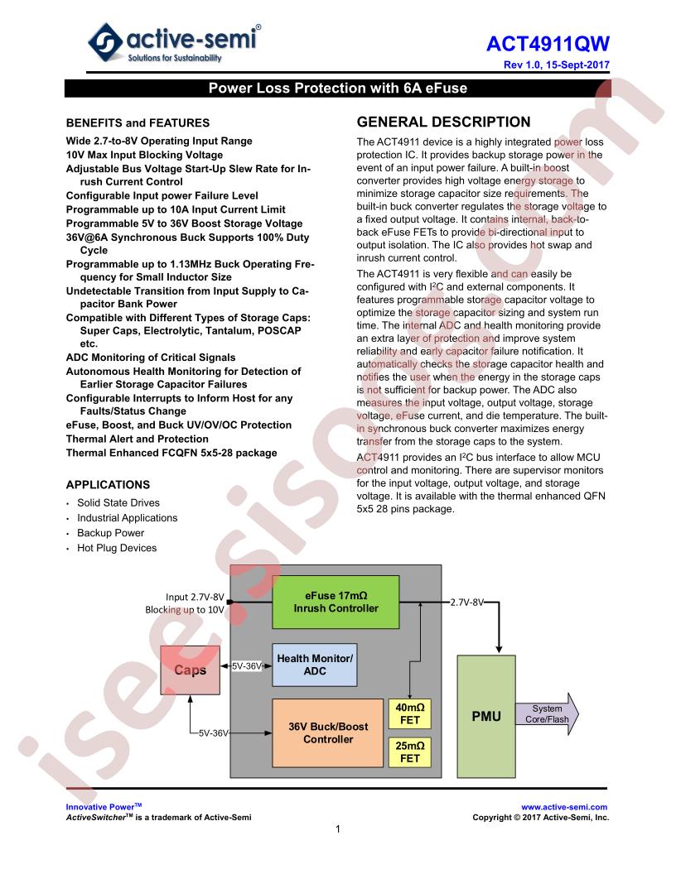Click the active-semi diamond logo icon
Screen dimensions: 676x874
tap(105, 42)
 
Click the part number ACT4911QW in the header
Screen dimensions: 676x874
tap(548, 44)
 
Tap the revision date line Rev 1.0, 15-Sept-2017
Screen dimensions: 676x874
tap(556, 65)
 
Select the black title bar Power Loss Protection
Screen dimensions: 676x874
tap(337, 88)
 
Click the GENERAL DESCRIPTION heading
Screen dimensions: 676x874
tap(443, 122)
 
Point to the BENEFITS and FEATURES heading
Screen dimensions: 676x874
tap(138, 123)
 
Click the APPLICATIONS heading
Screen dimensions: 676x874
tap(109, 485)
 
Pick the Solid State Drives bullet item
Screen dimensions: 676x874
tap(118, 502)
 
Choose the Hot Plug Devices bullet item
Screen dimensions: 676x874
tap(117, 548)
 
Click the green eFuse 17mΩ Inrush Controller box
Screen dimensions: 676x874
tap(336, 602)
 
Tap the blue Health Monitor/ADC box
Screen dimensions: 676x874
tap(315, 665)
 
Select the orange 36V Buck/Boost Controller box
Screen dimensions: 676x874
tap(328, 733)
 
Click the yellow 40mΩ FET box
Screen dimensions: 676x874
tap(410, 713)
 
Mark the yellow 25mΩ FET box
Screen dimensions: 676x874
tap(410, 752)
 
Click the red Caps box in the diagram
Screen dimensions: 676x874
tap(191, 670)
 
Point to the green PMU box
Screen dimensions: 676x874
tap(486, 716)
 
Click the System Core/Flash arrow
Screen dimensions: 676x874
tap(547, 714)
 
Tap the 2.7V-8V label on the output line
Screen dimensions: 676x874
tap(467, 602)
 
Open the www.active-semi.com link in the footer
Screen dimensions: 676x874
tap(564, 807)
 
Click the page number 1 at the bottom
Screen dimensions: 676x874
tap(338, 829)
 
